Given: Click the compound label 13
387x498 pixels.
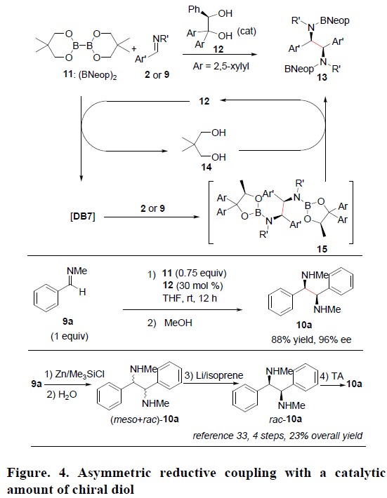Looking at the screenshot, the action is point(322,77).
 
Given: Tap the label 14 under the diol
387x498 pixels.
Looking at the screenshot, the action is point(206,167).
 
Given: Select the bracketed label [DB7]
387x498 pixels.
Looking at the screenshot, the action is point(83,217).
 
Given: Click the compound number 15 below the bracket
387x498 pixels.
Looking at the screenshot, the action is point(322,249).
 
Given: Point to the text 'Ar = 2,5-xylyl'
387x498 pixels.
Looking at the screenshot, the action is point(221,67).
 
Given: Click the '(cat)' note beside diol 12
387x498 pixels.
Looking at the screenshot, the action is point(247,32).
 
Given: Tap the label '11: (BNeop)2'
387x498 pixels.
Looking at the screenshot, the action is point(90,75).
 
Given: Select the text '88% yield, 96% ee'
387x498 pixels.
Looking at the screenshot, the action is point(311,339).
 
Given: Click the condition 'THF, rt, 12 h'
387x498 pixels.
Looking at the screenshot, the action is point(190,298).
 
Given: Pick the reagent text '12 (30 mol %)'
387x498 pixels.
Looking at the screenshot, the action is point(192,285).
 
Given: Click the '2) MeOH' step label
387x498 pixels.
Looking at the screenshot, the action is point(170,323).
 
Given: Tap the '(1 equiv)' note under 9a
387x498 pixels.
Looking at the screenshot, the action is point(70,336).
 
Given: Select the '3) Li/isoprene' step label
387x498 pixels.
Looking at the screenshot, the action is point(214,375).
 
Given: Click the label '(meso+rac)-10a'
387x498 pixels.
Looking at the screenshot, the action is point(145,419).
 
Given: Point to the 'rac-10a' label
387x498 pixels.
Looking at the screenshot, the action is point(286,419).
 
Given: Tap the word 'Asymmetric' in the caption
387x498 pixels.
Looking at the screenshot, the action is point(114,473).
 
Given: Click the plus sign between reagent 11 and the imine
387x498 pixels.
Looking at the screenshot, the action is point(134,48).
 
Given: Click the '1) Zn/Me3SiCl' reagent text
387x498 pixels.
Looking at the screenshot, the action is point(74,375).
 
